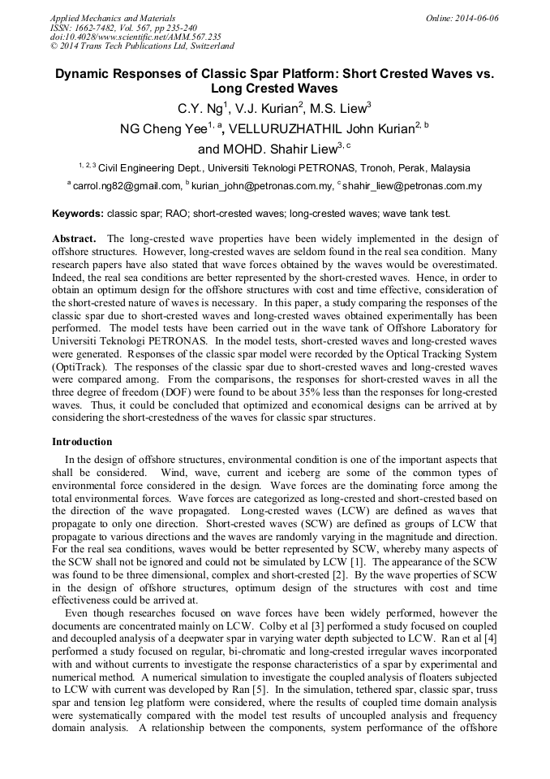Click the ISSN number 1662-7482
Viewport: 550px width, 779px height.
(x=105, y=27)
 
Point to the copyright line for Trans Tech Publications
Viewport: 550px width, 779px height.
(x=142, y=46)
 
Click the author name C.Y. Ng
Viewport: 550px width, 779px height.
(x=197, y=108)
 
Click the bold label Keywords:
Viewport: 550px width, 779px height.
(x=78, y=214)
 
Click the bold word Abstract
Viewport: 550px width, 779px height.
(x=74, y=239)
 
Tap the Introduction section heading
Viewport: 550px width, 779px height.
(x=82, y=442)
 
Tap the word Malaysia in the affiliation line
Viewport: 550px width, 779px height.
(x=449, y=168)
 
